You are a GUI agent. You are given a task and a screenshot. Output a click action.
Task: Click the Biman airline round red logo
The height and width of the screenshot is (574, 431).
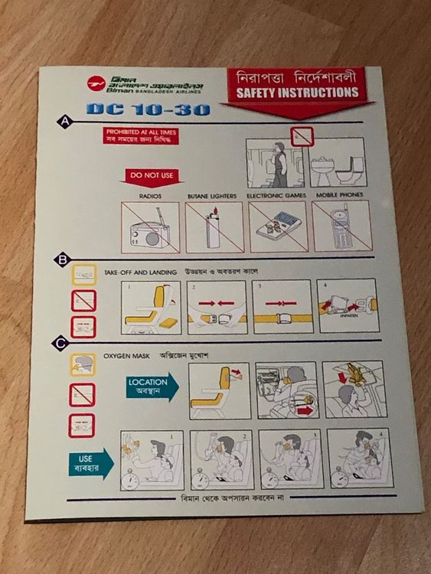pos(96,83)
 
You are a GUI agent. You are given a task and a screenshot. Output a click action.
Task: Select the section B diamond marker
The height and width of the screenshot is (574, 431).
pos(61,260)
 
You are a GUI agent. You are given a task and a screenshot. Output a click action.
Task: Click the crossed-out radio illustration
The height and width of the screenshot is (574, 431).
pos(150,227)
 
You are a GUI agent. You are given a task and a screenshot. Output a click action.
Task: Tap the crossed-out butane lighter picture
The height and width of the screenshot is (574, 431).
pos(214,227)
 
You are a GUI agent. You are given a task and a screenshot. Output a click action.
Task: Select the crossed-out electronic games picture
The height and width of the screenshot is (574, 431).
pos(277,227)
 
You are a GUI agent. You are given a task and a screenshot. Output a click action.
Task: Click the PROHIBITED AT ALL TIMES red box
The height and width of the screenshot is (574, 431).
pos(142,136)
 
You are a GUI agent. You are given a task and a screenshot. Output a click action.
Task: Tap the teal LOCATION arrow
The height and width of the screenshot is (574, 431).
pos(152,386)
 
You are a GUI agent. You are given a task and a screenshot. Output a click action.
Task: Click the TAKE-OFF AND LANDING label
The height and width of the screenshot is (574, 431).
pos(141,272)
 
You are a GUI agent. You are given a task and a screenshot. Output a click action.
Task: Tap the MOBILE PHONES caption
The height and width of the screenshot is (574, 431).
pos(340,196)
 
